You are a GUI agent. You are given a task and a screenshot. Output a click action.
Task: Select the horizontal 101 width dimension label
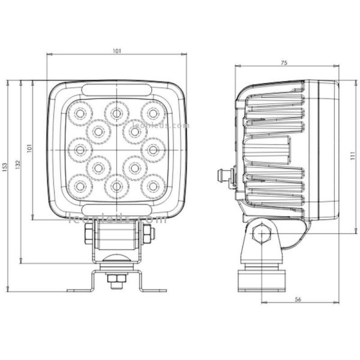click(x=116, y=52)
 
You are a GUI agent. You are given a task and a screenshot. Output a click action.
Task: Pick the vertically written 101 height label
click(x=30, y=148)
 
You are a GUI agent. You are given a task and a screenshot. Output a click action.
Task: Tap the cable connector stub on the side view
click(x=225, y=176)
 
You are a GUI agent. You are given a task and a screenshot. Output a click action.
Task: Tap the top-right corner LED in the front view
click(x=153, y=112)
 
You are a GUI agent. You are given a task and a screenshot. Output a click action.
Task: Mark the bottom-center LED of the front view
click(x=115, y=185)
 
